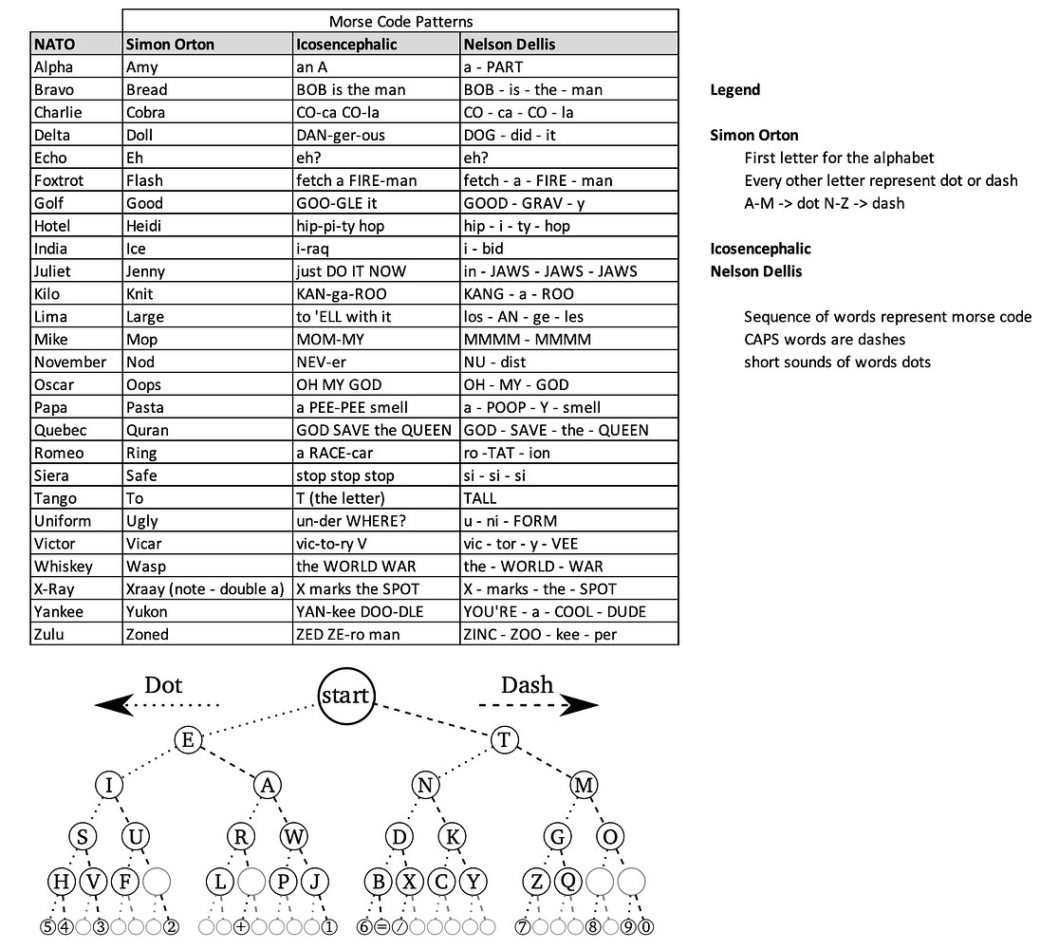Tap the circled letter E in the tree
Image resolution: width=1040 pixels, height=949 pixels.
coord(188,740)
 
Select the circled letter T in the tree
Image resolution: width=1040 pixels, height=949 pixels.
coord(504,740)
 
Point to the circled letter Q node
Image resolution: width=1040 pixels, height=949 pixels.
coord(566,882)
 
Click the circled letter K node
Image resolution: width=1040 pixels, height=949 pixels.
coord(454,836)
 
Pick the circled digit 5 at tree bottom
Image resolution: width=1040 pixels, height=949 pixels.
coord(47,927)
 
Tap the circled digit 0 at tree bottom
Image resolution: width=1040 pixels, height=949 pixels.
coord(646,927)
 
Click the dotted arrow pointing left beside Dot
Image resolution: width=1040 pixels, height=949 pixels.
coord(157,704)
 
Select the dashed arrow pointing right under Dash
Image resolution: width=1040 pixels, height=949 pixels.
coord(539,704)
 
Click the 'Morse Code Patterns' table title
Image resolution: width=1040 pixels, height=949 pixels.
coord(400,21)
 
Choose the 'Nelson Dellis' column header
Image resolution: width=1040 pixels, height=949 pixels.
coord(508,44)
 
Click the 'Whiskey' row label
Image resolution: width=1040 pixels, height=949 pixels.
coord(64,567)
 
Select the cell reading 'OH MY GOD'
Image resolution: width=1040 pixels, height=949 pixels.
coord(339,384)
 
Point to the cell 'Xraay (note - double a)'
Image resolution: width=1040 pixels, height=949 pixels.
coord(205,589)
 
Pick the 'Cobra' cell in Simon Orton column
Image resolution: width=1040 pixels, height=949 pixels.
coord(146,112)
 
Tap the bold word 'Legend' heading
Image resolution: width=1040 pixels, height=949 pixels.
coord(735,90)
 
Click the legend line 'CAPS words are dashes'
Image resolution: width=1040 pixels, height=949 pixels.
coord(825,339)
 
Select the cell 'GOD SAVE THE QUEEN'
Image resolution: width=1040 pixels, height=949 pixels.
coord(374,430)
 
